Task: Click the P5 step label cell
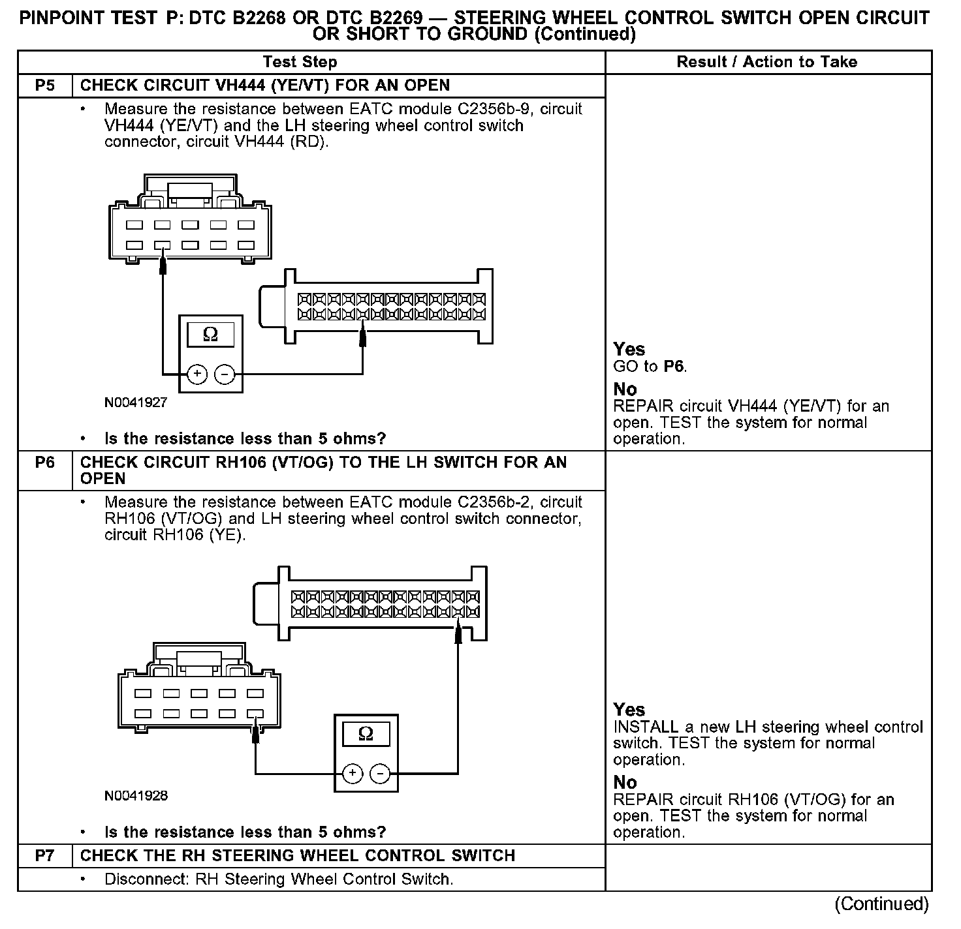point(44,85)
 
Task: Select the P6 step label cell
point(44,463)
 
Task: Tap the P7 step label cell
point(44,855)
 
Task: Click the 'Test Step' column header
point(300,62)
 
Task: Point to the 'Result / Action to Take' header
point(766,62)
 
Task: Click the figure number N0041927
point(136,403)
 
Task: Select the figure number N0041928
point(136,795)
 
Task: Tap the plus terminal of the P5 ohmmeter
point(197,374)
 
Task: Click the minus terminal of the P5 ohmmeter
point(225,374)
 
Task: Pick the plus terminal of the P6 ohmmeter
point(353,774)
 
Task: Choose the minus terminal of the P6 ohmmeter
point(380,774)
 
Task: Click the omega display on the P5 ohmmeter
point(210,335)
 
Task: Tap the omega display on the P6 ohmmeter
point(366,734)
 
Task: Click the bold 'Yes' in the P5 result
point(629,350)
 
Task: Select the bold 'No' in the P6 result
point(625,782)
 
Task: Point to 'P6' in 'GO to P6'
point(674,366)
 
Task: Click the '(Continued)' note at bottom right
point(881,904)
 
